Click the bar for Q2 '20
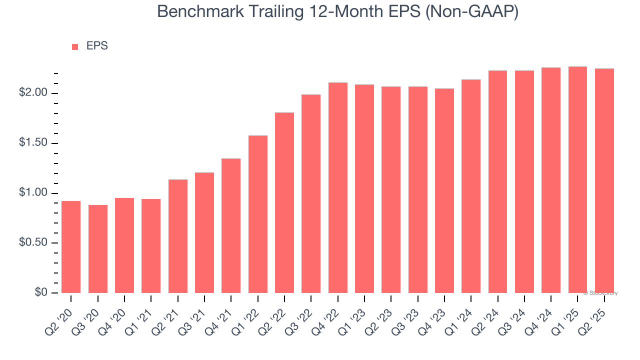coord(71,247)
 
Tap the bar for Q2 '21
coord(178,236)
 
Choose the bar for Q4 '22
coord(338,187)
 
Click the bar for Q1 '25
coord(577,179)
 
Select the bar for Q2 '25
coord(604,180)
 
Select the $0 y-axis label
coord(40,293)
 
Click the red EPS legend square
coord(75,46)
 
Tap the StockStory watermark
coord(600,293)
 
